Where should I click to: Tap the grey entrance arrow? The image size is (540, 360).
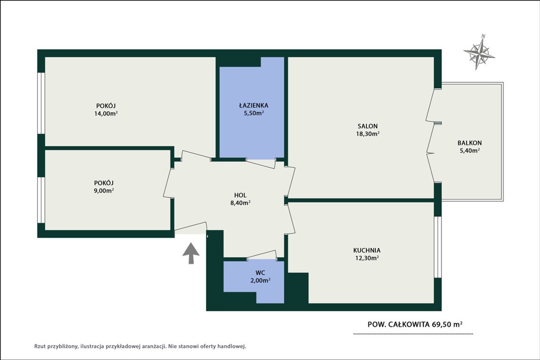click(x=191, y=253)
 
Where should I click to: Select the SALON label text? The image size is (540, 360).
click(x=367, y=126)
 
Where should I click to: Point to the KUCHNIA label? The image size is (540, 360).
click(x=367, y=250)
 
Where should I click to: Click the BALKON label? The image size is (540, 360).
click(x=470, y=142)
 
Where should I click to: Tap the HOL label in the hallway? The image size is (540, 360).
click(x=240, y=195)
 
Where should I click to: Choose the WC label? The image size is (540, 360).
click(x=260, y=273)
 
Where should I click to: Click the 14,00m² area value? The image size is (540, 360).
click(x=106, y=113)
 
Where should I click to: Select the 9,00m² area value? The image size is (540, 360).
click(x=104, y=190)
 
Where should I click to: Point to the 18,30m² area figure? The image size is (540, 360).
click(x=367, y=134)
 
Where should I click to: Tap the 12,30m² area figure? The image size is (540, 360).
click(x=367, y=258)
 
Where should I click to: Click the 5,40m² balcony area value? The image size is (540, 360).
click(x=470, y=150)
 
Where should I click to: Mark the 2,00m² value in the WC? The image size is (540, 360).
click(x=260, y=280)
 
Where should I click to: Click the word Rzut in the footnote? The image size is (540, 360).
click(x=40, y=346)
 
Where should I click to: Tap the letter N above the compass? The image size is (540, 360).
click(x=483, y=36)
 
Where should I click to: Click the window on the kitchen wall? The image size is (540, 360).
click(x=437, y=247)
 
